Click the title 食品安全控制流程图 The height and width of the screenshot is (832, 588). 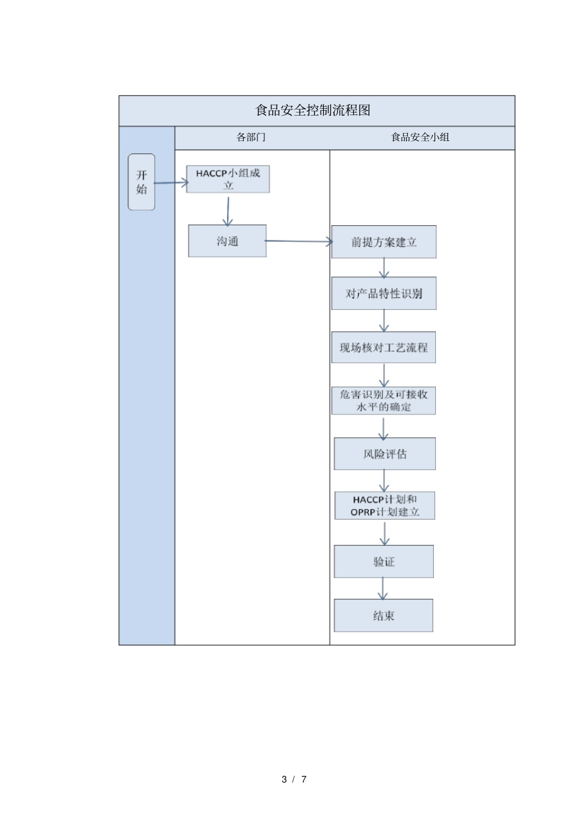tap(313, 111)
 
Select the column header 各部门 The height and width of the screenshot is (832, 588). tap(251, 137)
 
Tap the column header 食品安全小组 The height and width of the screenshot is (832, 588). tap(420, 137)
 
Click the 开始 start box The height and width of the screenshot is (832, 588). tap(141, 182)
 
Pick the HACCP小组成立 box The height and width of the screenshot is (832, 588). tap(228, 179)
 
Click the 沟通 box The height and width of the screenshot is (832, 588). tap(227, 241)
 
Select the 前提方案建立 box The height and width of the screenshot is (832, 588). tap(384, 242)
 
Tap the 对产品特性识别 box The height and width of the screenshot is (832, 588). tap(384, 293)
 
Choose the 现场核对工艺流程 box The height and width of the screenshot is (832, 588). tap(384, 347)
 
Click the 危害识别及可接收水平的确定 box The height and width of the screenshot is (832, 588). tap(384, 400)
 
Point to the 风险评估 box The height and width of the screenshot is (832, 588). tap(384, 454)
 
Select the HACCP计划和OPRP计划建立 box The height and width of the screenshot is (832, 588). tap(384, 505)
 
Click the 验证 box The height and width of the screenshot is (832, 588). tap(384, 562)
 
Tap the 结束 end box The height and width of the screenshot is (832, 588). tap(384, 615)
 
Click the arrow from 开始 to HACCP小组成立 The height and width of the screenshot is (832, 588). tap(171, 182)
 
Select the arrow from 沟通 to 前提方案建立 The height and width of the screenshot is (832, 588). tap(299, 241)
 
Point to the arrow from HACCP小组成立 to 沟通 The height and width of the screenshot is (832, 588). tap(228, 211)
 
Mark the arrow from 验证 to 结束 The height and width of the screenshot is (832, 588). tap(383, 588)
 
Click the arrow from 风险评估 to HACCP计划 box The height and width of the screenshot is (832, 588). tap(384, 481)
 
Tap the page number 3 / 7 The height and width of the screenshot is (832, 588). tap(294, 779)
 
